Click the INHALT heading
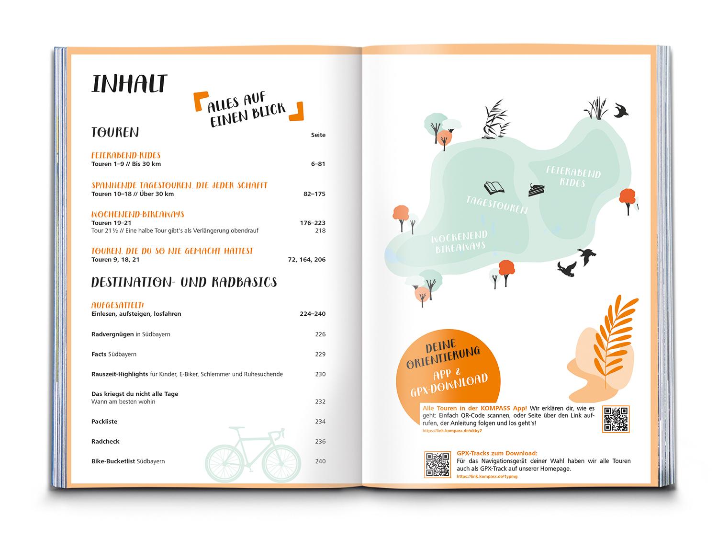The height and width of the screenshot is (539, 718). pos(129,84)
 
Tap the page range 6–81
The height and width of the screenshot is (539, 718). pos(318,164)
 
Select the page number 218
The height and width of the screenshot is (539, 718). pos(320,230)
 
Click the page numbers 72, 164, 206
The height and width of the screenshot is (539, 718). pos(306,260)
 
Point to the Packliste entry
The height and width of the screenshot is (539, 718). pos(104,422)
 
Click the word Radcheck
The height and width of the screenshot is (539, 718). pos(105,441)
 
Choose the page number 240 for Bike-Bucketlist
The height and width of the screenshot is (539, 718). pos(320,461)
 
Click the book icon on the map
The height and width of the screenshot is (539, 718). pos(494,187)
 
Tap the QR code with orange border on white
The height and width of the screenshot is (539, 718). pos(616,419)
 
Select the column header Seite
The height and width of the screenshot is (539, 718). pos(318,135)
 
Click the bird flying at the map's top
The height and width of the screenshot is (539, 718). pos(622,111)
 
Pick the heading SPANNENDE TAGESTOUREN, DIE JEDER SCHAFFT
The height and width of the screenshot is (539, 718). pos(179,185)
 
